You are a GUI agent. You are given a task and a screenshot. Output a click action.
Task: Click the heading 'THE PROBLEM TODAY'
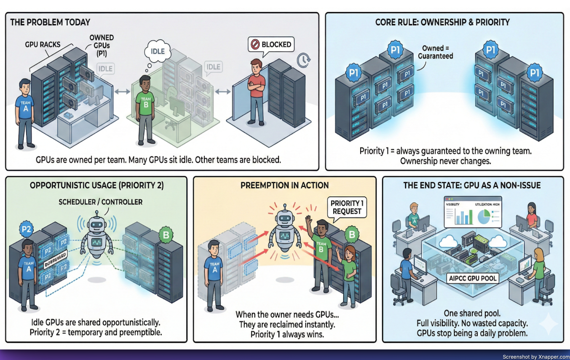point(50,22)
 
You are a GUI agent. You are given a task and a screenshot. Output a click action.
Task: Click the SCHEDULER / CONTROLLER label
point(101,202)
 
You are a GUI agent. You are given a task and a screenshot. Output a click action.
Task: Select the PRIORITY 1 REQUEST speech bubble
point(347,207)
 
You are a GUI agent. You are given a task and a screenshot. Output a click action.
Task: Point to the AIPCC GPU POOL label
point(472,278)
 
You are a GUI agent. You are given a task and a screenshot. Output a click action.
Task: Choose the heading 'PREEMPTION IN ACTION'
point(285,185)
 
